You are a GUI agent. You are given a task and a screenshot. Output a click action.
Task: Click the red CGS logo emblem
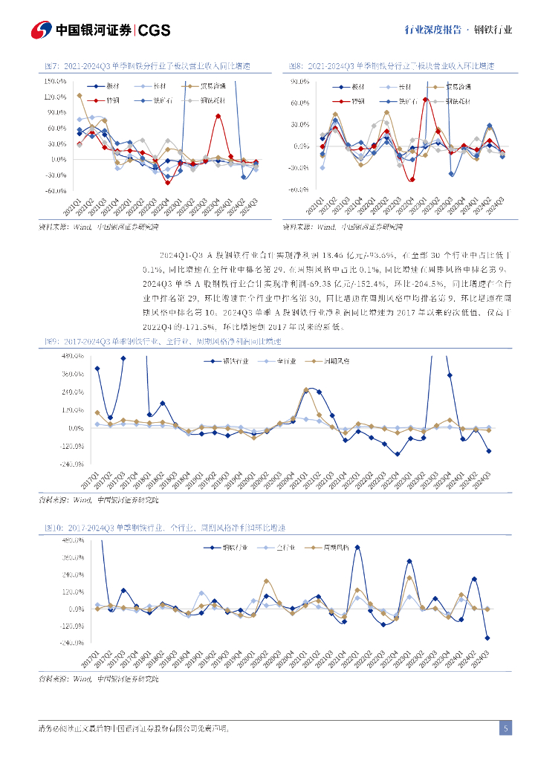[42, 30]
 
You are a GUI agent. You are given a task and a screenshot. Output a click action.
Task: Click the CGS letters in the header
[155, 30]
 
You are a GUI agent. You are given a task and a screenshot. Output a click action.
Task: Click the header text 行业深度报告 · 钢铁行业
[458, 30]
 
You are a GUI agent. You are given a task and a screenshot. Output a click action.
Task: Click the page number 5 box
[505, 728]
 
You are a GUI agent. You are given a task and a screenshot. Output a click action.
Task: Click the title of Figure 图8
[392, 67]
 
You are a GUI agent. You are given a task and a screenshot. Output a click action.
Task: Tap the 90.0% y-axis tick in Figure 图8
[300, 80]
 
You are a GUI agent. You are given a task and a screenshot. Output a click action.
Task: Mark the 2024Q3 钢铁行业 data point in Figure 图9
[488, 451]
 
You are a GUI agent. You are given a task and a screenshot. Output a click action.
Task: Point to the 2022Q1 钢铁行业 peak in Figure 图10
[357, 547]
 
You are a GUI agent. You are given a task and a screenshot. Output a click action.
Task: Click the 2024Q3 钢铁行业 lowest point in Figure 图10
[487, 638]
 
